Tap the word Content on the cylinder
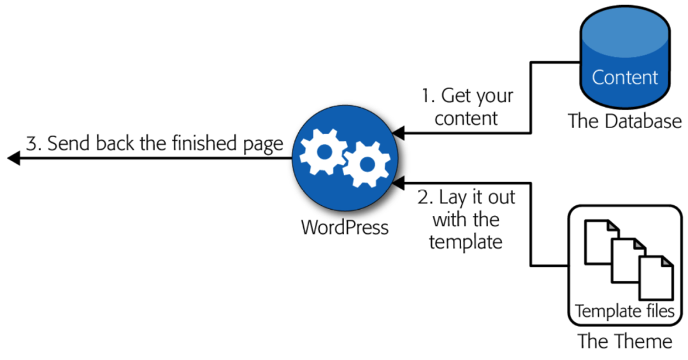pyautogui.click(x=625, y=77)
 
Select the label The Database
pyautogui.click(x=624, y=121)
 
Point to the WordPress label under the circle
pyautogui.click(x=345, y=227)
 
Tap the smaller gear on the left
pyautogui.click(x=324, y=152)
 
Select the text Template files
pyautogui.click(x=624, y=312)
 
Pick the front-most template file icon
pyautogui.click(x=656, y=278)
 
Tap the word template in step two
pyautogui.click(x=466, y=243)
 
